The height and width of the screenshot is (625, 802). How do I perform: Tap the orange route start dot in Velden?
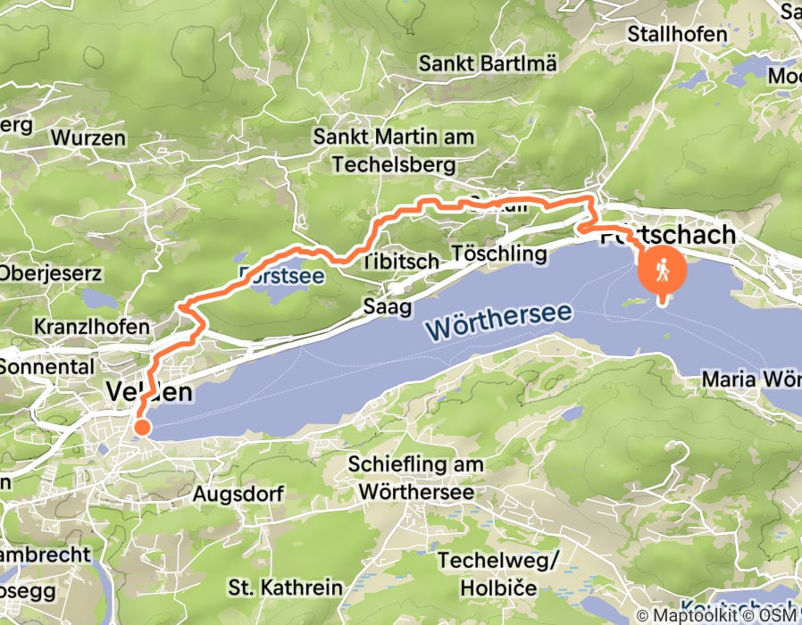click(x=140, y=428)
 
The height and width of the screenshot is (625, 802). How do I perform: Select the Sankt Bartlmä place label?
click(x=488, y=63)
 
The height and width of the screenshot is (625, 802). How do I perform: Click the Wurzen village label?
click(x=88, y=137)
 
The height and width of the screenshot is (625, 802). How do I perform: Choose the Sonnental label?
click(x=46, y=366)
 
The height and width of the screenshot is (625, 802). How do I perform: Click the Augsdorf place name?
click(x=238, y=494)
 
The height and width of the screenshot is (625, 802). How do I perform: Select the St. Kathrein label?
click(x=286, y=587)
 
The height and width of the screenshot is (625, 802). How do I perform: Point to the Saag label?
click(x=387, y=307)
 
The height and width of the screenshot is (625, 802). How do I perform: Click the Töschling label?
click(x=499, y=254)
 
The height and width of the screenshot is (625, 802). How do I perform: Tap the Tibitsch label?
click(x=400, y=262)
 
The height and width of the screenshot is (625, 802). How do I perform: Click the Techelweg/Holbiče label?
click(x=488, y=573)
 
